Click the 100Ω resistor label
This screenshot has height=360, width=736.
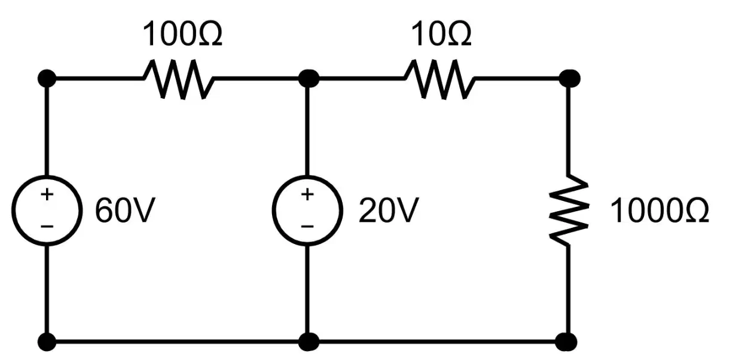click(182, 33)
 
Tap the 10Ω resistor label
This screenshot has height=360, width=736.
click(441, 33)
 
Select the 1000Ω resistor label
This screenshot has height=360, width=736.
click(659, 210)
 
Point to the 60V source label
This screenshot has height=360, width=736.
click(125, 210)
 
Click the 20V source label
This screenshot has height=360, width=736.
click(389, 210)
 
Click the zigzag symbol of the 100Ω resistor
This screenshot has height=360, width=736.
click(178, 79)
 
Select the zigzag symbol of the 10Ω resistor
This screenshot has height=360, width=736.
click(440, 79)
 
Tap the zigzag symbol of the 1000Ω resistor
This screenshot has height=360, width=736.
click(569, 210)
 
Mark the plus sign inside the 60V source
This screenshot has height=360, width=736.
click(47, 194)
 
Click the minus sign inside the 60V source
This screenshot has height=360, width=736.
click(47, 226)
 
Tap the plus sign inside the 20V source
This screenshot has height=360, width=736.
click(307, 194)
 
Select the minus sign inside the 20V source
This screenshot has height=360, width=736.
click(307, 226)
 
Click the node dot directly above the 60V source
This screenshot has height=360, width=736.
click(47, 78)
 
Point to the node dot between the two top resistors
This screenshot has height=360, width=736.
click(309, 78)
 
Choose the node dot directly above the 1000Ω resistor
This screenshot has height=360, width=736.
click(569, 78)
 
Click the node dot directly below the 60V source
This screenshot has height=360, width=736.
click(47, 342)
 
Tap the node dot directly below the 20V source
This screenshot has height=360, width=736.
click(309, 342)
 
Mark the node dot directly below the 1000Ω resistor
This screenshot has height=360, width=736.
click(566, 342)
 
